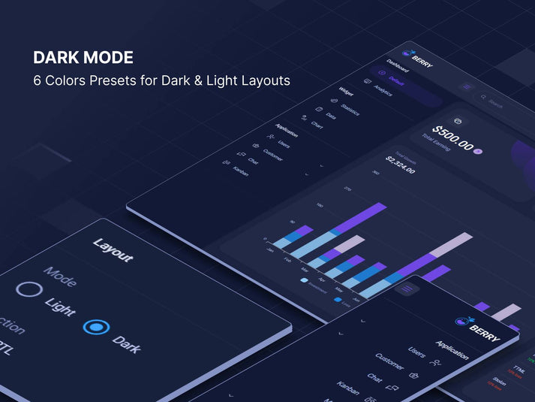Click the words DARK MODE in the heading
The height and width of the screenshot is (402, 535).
[83, 58]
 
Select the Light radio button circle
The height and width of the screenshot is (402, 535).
[29, 290]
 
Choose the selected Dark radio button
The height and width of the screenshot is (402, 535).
[96, 328]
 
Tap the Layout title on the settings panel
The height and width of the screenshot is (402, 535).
[113, 250]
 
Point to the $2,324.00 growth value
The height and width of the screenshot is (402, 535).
[401, 164]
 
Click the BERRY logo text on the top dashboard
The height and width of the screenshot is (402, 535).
[422, 59]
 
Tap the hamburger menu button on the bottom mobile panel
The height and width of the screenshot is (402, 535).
[407, 289]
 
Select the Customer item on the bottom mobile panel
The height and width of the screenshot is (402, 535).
[389, 362]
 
